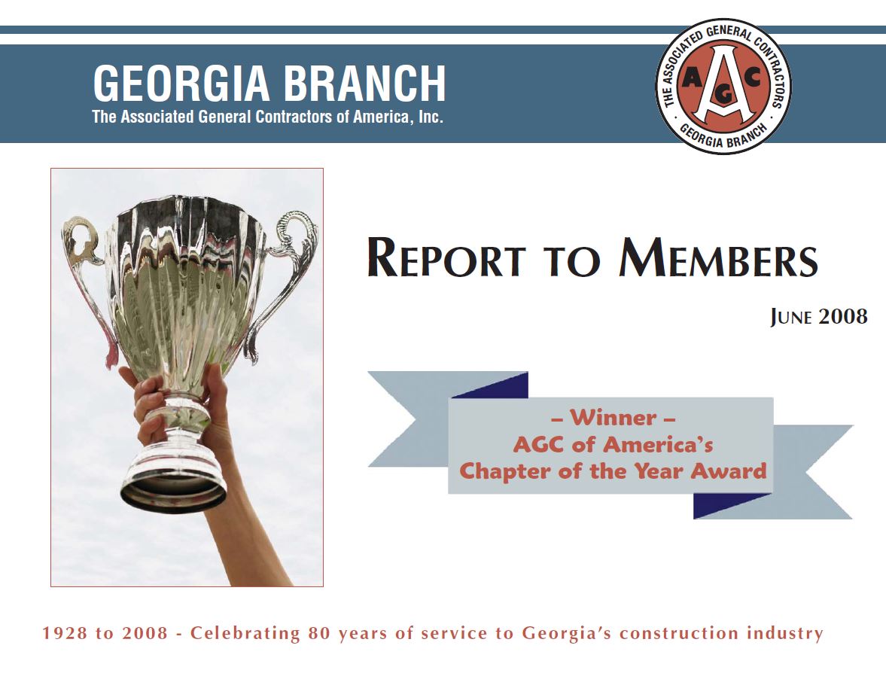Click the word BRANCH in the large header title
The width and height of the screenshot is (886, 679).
[x=365, y=83]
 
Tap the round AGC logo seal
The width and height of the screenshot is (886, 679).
[x=724, y=86]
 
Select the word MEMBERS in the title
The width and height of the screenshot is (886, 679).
[x=718, y=258]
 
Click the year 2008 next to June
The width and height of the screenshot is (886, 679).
[x=843, y=316]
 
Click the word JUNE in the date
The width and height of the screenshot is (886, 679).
[x=791, y=317]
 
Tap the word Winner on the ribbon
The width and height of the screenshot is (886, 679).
[x=613, y=418]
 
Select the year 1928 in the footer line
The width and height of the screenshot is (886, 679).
[x=65, y=632]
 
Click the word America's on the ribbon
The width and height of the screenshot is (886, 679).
[x=657, y=445]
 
